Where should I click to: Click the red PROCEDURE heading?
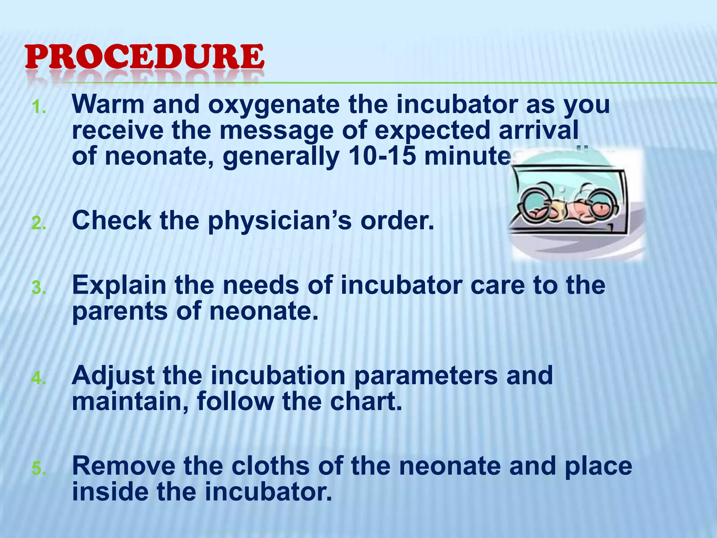pyautogui.click(x=144, y=57)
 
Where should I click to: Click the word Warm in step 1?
pyautogui.click(x=108, y=104)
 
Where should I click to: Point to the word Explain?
pyautogui.click(x=119, y=286)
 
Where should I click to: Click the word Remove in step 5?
pyautogui.click(x=124, y=466)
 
